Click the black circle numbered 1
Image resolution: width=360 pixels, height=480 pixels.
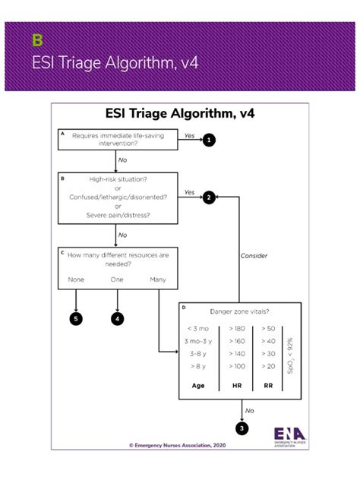pyautogui.click(x=209, y=140)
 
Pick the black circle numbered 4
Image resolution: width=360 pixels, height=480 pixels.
pyautogui.click(x=118, y=319)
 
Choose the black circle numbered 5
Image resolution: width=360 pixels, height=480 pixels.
pyautogui.click(x=76, y=319)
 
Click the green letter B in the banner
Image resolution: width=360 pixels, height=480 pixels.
pyautogui.click(x=36, y=39)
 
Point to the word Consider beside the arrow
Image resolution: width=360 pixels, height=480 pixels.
pyautogui.click(x=254, y=255)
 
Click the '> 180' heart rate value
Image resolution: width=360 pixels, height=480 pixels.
pyautogui.click(x=236, y=328)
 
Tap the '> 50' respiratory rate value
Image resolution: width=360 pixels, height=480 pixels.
pyautogui.click(x=267, y=328)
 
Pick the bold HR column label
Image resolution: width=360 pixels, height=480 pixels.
pyautogui.click(x=235, y=385)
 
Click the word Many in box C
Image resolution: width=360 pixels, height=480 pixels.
pyautogui.click(x=158, y=279)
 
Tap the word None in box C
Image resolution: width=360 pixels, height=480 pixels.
pyautogui.click(x=76, y=279)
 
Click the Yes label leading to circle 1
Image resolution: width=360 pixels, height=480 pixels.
pyautogui.click(x=189, y=134)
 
